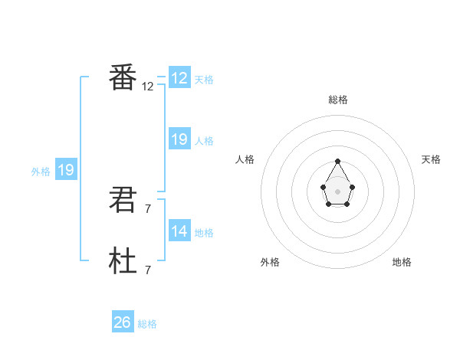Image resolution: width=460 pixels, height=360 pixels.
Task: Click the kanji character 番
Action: coord(123,79)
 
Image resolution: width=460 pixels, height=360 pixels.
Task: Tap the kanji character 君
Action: coord(123,201)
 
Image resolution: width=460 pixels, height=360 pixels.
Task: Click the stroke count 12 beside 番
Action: coord(148,87)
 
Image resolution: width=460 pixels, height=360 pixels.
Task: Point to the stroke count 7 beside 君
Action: coord(148,209)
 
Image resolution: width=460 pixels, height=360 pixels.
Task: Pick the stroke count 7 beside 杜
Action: coord(148,270)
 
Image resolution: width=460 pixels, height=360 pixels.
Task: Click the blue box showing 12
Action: coord(179,78)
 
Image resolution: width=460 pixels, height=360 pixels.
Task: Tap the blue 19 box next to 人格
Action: coord(179,139)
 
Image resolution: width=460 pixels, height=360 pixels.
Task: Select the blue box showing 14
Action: coord(179,231)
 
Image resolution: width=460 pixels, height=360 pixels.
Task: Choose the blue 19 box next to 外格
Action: coord(66,170)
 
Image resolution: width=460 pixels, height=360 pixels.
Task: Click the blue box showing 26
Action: coord(123,322)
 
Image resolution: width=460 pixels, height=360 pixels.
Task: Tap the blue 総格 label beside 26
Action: coord(148,324)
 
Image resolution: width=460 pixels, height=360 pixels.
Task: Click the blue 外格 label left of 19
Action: coord(41,172)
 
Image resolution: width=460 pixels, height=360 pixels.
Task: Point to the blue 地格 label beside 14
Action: coord(204,233)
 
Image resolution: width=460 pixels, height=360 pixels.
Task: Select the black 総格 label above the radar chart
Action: coord(338,100)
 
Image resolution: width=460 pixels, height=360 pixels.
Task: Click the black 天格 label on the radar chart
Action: coord(432,159)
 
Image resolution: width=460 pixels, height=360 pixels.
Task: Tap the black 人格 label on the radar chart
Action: coord(245,159)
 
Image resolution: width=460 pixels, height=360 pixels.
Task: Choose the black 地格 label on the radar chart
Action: coord(402,262)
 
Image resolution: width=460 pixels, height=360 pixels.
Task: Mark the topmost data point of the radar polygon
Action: coord(338,162)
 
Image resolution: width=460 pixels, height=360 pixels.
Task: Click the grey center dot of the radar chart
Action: coord(338,191)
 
